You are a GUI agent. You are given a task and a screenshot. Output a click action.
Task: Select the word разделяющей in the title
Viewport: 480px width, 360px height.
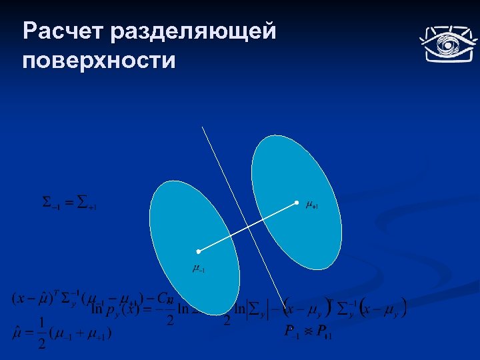point(194,31)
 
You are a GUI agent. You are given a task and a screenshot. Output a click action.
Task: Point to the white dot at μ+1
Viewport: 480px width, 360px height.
point(297,202)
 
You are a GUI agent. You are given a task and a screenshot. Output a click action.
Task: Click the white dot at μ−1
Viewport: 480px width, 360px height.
point(198,251)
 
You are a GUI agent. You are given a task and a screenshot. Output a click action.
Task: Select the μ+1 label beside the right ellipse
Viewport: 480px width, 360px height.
point(311,205)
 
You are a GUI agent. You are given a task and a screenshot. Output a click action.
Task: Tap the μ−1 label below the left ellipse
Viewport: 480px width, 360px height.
point(198,269)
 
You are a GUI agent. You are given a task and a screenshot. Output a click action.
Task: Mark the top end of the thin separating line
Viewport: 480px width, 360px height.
point(203,127)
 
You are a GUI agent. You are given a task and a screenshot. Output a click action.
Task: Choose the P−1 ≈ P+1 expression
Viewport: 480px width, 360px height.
point(308,331)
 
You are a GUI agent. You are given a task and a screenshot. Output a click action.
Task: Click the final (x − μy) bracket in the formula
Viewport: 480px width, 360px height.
point(383,309)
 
